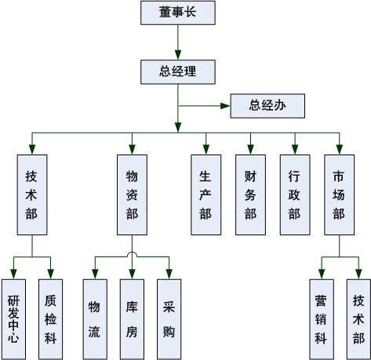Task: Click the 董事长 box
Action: tap(178, 13)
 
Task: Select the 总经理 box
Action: tap(178, 72)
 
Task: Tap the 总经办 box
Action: tap(267, 106)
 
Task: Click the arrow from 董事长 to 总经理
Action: tap(178, 42)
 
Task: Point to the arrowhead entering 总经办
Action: tap(225, 106)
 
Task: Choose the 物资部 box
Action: tap(132, 195)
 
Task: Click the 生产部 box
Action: tap(206, 195)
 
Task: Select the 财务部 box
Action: tap(250, 195)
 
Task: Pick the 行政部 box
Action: tap(295, 195)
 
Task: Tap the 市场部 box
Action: tap(340, 195)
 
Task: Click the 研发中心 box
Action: tap(13, 319)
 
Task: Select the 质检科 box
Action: tap(50, 319)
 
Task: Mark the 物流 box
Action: tap(95, 319)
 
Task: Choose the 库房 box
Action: tap(132, 319)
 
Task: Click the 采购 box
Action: tap(169, 319)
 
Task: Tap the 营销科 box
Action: tap(322, 319)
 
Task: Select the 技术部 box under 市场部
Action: tap(358, 319)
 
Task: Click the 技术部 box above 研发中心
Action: tap(32, 195)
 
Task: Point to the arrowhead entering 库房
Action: tap(132, 275)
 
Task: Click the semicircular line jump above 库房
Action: tap(132, 253)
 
